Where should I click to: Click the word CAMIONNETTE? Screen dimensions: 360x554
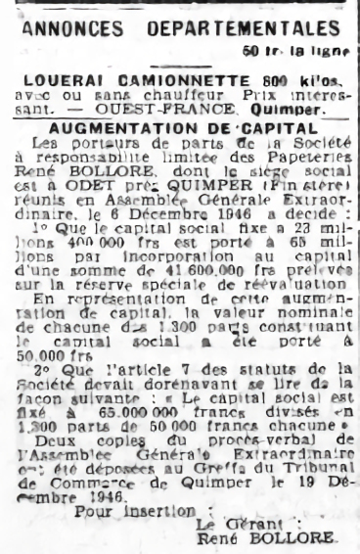[156, 77]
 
